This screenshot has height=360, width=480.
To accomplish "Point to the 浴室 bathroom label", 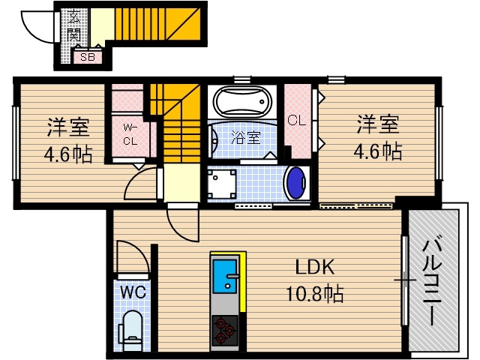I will click(244, 137).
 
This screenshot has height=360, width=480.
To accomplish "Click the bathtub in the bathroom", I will click(241, 100).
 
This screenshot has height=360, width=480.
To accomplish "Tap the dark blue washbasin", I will click(297, 184).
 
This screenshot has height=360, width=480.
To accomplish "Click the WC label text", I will click(133, 290).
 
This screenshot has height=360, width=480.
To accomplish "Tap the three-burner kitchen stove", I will click(224, 329).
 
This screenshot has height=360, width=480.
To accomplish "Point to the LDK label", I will click(313, 268).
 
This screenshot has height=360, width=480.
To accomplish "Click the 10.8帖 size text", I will click(313, 294).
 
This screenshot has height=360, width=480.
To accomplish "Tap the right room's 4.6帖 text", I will click(377, 151).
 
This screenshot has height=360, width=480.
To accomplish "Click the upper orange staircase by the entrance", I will click(157, 26).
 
